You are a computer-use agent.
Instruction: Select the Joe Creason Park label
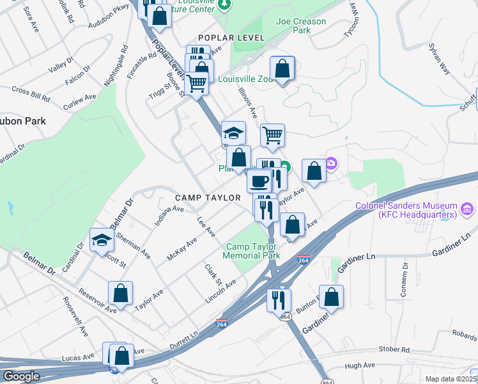pyautogui.click(x=300, y=26)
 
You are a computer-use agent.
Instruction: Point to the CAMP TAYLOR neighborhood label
pyautogui.click(x=208, y=198)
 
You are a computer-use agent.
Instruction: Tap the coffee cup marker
pyautogui.click(x=259, y=181)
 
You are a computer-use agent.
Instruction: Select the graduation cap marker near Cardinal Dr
pyautogui.click(x=102, y=240)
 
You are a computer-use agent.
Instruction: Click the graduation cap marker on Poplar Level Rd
pyautogui.click(x=234, y=133)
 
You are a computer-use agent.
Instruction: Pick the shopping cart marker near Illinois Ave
pyautogui.click(x=273, y=135)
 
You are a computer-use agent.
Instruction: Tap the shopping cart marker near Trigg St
pyautogui.click(x=197, y=83)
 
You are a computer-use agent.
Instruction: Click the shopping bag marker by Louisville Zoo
pyautogui.click(x=282, y=68)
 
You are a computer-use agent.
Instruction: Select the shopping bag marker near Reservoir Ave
pyautogui.click(x=120, y=293)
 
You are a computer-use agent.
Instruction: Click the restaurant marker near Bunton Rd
pyautogui.click(x=279, y=300)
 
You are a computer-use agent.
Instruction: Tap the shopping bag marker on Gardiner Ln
pyautogui.click(x=331, y=296)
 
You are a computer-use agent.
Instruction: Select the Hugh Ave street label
pyautogui.click(x=359, y=365)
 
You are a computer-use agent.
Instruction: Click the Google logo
pyautogui.click(x=21, y=376)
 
